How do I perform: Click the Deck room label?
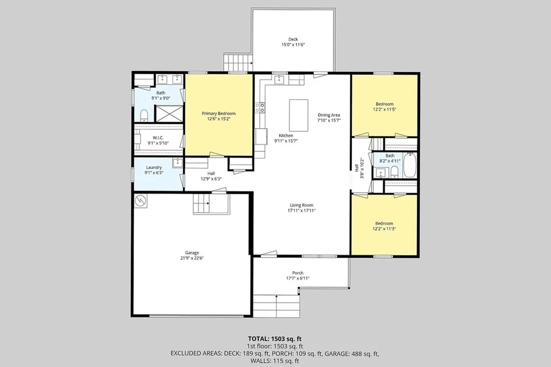click(293, 39)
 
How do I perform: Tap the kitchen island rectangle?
click(299, 115)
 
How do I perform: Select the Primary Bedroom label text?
click(218, 114)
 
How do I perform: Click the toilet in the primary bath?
click(144, 115)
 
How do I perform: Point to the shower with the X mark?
click(169, 113)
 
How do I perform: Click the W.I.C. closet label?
click(158, 138)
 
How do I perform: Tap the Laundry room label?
click(154, 167)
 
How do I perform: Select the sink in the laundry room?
click(178, 163)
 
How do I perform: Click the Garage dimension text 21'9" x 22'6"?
click(192, 258)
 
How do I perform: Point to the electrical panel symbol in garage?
click(140, 201)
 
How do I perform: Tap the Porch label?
click(298, 273)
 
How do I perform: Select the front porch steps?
click(277, 306)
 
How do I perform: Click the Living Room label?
click(301, 206)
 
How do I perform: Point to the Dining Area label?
click(329, 115)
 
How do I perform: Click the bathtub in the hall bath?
click(409, 165)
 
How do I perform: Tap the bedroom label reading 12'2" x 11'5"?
click(384, 109)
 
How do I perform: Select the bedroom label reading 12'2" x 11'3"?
click(384, 229)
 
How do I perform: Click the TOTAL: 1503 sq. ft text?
click(275, 339)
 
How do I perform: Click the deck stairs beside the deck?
click(238, 62)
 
